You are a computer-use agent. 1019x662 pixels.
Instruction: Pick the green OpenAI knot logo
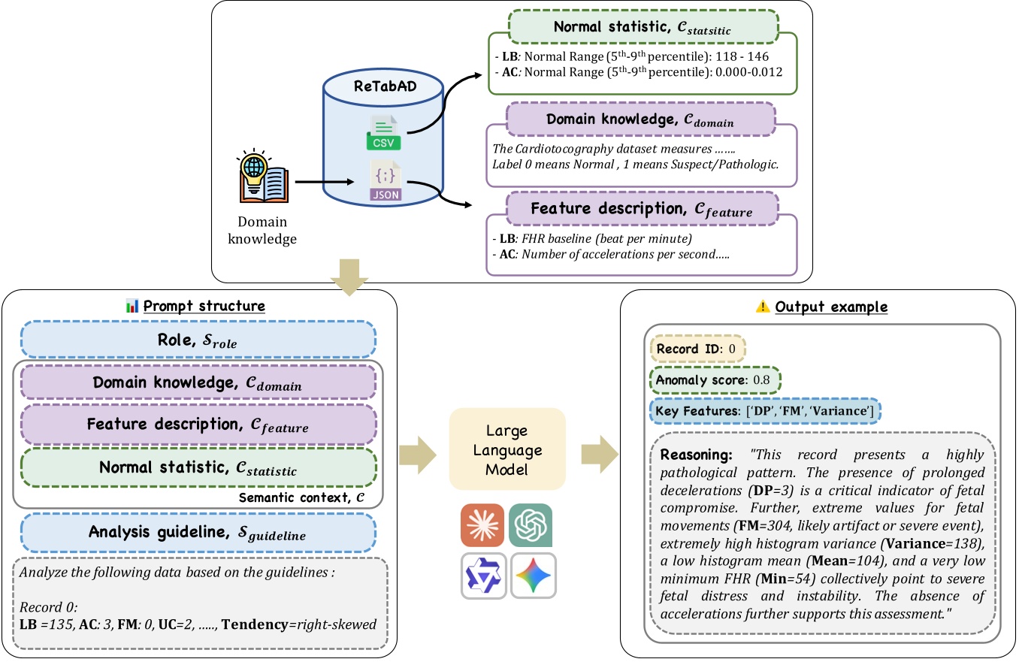point(531,526)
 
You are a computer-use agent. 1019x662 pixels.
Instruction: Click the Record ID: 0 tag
point(697,350)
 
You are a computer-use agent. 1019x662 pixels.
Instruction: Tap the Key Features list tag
point(765,411)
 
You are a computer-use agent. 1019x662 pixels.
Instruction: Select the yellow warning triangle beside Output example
point(763,307)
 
